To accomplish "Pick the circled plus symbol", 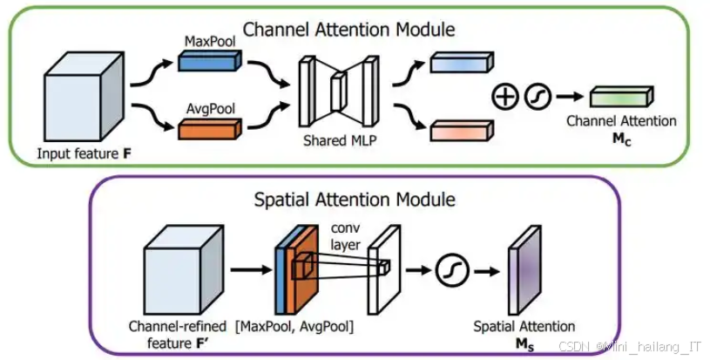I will pos(504,97).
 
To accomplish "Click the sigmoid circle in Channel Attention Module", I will pos(535,97).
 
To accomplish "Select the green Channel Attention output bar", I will pos(619,97).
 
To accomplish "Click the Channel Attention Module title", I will pos(348,30).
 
